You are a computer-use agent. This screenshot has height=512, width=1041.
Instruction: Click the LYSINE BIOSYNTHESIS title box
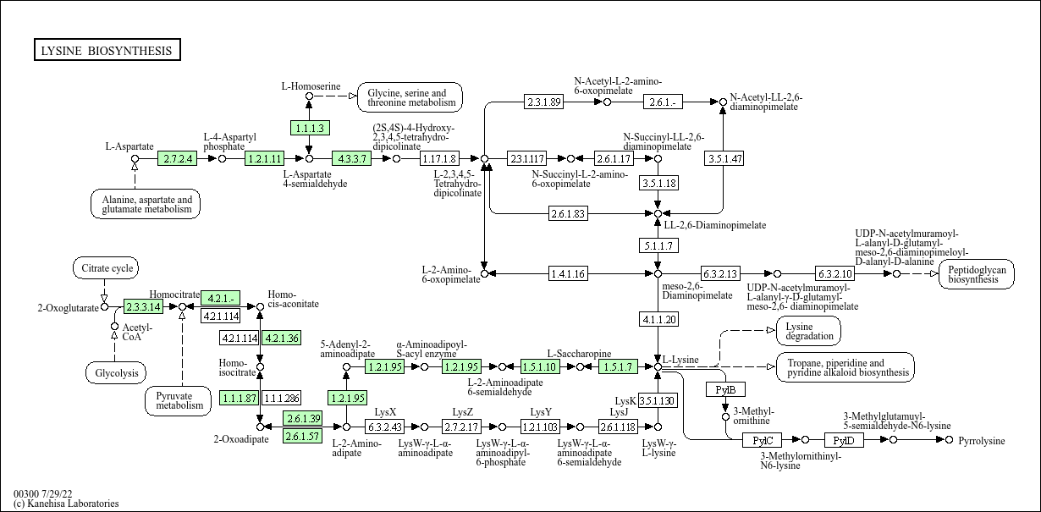tap(107, 51)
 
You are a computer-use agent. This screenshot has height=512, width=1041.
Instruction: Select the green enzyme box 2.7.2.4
tap(178, 158)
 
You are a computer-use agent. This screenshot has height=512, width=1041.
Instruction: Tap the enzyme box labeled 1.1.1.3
tap(309, 128)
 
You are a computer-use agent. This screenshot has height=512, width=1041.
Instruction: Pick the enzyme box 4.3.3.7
tap(352, 158)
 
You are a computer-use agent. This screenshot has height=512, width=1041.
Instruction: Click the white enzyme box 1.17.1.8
tap(439, 158)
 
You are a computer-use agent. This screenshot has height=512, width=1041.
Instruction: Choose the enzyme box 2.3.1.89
tap(543, 102)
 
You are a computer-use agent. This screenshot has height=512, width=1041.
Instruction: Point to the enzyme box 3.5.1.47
tap(724, 158)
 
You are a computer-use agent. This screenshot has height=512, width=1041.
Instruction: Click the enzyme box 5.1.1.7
tap(658, 245)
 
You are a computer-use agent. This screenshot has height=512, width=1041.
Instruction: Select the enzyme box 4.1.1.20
tap(658, 319)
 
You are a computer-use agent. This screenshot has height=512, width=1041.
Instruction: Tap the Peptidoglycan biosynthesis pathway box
tap(976, 274)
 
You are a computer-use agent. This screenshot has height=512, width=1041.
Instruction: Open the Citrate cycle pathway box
tap(104, 269)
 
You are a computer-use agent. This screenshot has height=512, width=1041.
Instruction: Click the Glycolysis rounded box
tap(116, 372)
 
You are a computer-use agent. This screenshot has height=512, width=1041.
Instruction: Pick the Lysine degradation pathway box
tap(808, 331)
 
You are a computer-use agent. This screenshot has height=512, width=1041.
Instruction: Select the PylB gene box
tap(725, 389)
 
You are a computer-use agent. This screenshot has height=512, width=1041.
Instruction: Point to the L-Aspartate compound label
tap(129, 146)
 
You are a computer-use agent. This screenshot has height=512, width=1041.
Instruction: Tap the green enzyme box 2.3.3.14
tap(143, 306)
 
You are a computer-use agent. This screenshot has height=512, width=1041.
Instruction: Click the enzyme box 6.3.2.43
tap(385, 427)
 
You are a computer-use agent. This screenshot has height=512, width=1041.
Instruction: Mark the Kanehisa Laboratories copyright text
tap(66, 504)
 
